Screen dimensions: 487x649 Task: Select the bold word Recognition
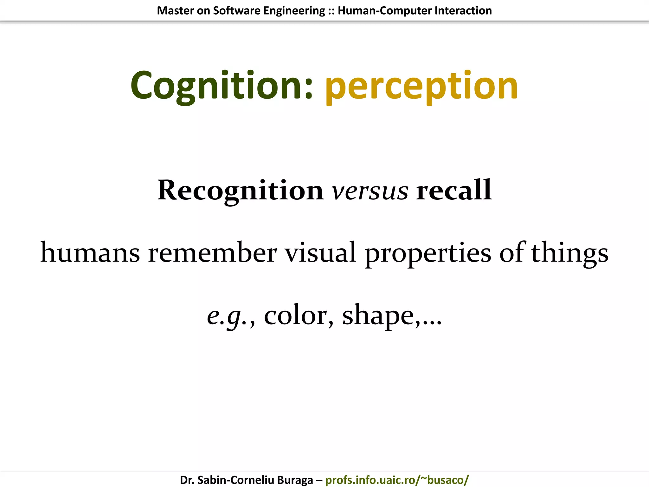(240, 190)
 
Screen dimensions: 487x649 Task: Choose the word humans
(90, 253)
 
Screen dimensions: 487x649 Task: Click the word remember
(212, 253)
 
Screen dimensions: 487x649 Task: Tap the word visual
(320, 253)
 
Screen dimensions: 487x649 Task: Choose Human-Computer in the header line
(384, 11)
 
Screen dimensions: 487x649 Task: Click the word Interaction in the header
(463, 11)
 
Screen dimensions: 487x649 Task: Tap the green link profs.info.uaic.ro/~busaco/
(397, 480)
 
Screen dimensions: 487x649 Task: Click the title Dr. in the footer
(187, 480)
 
